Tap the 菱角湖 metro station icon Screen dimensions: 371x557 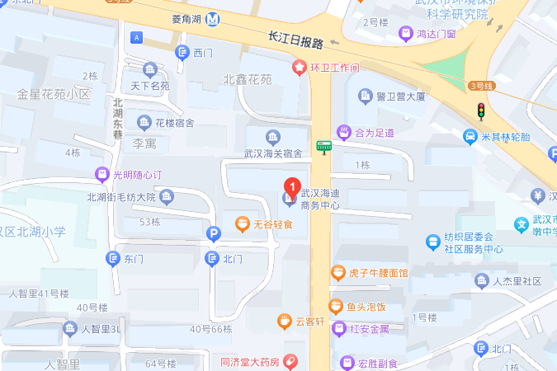pos(214,19)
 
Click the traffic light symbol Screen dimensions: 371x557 pos(479,110)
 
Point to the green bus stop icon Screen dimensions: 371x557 pos(324,147)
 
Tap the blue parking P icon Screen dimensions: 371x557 pos(213,234)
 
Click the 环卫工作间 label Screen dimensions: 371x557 pos(334,68)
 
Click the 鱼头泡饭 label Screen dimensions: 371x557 pos(366,307)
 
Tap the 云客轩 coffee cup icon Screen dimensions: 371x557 pos(284,321)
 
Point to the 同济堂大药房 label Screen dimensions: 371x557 pos(251,361)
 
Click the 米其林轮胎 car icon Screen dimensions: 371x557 pos(470,137)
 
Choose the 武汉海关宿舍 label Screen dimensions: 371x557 pos(272,153)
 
